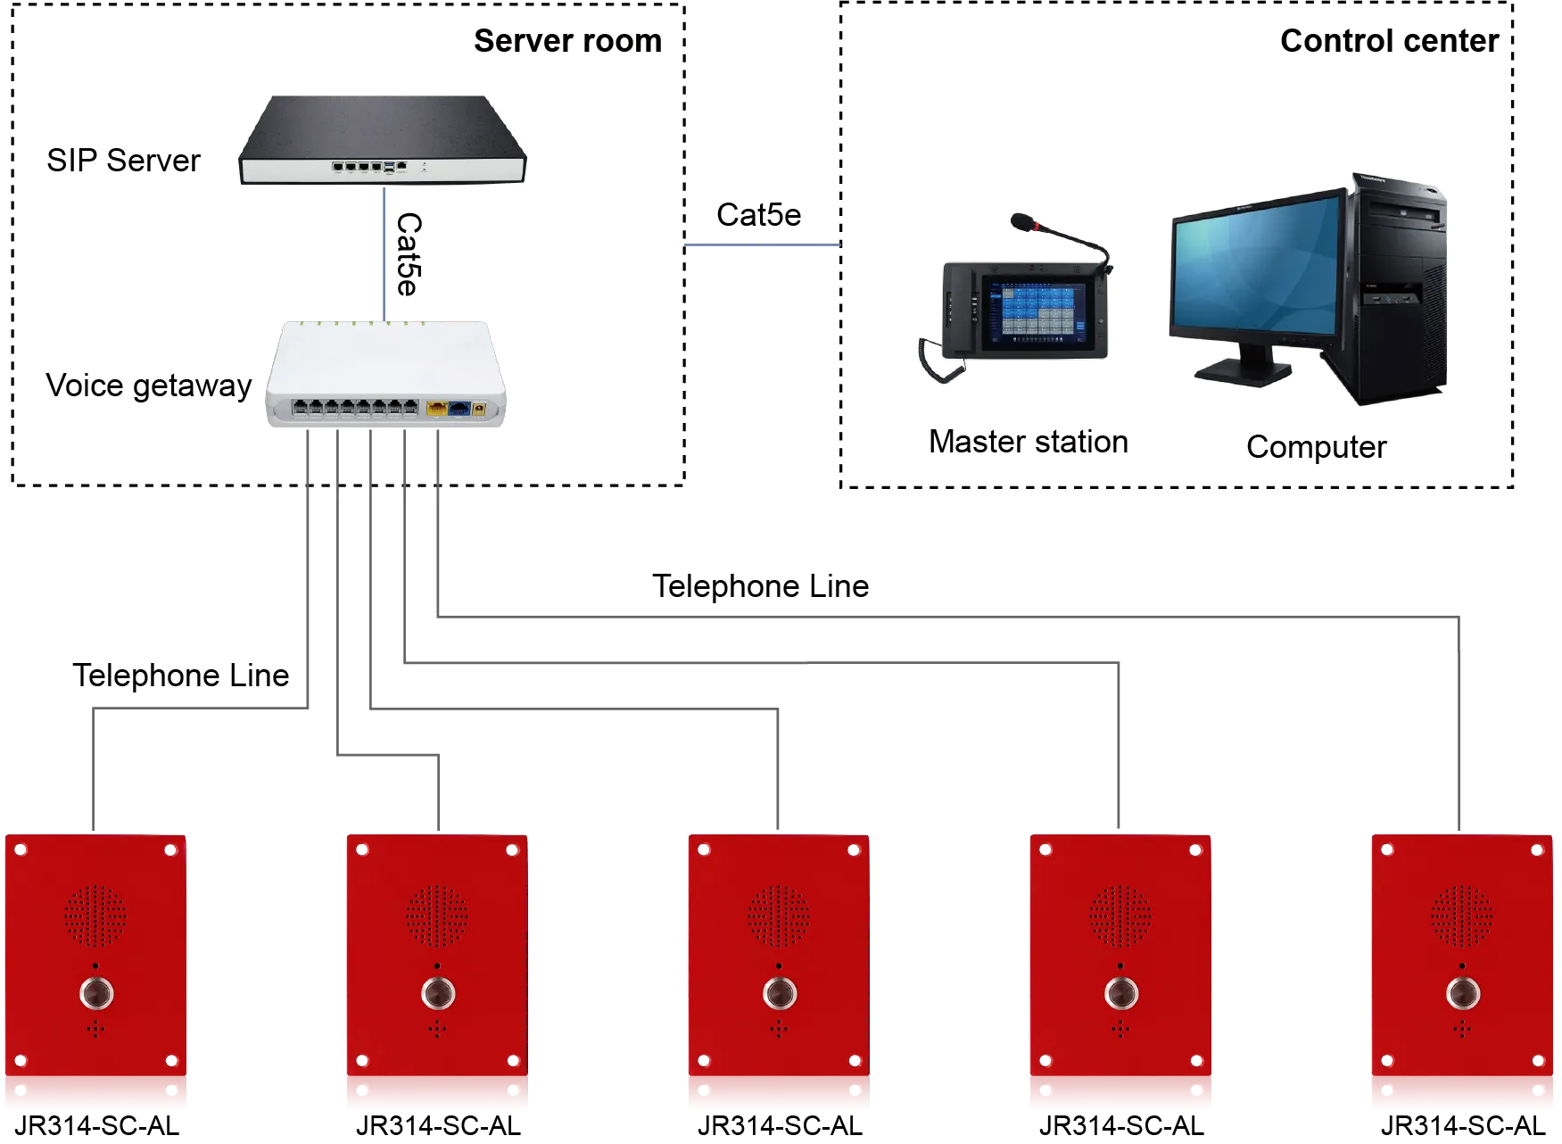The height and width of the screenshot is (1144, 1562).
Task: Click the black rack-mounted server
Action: click(384, 143)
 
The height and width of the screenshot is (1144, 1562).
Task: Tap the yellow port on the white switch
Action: click(437, 409)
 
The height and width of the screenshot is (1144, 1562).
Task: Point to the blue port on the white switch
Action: click(459, 409)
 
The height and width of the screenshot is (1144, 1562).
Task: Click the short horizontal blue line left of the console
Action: click(762, 245)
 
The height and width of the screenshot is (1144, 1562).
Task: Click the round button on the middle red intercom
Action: click(780, 992)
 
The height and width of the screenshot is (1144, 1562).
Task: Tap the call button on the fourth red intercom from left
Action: click(1121, 992)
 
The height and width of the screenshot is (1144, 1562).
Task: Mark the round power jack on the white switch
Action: click(480, 409)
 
